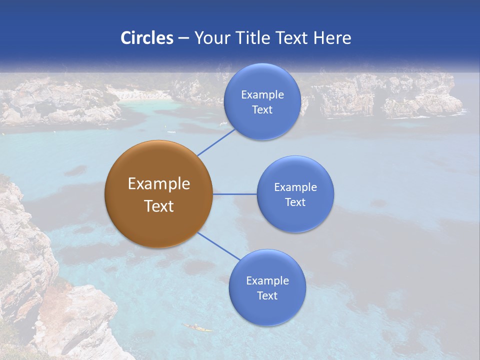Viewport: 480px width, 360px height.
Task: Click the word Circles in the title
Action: pos(146,38)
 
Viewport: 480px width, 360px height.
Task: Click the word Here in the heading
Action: pos(332,38)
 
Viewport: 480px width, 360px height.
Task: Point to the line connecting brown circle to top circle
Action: pos(216,142)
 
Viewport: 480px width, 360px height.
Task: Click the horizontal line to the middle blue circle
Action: pos(234,194)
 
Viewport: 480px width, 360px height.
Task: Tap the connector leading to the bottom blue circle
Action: pos(218,245)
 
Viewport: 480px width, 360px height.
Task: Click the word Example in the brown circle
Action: pos(158,184)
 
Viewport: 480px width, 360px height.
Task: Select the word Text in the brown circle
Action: pos(158,206)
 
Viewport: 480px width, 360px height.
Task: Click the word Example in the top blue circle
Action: pos(262,94)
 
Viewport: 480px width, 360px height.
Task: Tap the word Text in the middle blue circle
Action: pos(295,202)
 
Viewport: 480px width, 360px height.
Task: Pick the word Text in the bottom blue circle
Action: pos(267,296)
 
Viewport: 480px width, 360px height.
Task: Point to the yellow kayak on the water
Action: pos(197,328)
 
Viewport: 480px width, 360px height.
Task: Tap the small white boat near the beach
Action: pos(171,132)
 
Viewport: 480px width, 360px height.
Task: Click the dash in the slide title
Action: pos(183,38)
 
